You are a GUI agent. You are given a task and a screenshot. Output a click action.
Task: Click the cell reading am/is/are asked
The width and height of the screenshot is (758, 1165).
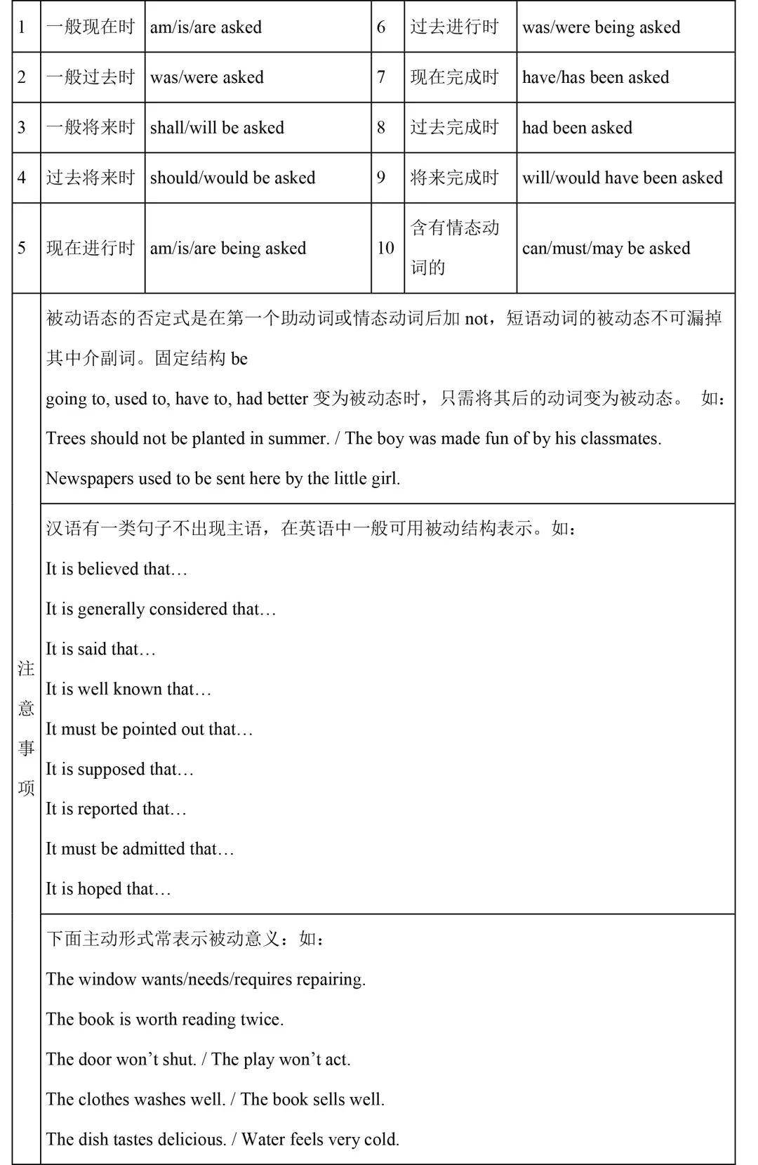pos(206,27)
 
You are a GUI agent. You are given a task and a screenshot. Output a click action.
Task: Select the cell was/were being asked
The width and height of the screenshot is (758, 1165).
pos(601,27)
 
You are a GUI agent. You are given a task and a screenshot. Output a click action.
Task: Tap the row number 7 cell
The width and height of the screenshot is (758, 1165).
pos(381,77)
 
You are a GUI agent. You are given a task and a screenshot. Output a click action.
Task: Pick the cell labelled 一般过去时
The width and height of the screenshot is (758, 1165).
pos(91,77)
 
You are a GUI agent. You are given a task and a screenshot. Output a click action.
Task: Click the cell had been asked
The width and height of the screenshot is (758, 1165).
pos(577,128)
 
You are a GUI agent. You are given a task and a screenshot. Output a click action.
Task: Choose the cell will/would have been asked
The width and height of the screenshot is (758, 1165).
pos(622,178)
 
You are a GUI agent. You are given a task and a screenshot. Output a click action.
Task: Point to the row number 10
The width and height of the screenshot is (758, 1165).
pos(385,248)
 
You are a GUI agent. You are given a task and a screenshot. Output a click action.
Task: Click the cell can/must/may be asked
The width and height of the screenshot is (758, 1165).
pos(606,248)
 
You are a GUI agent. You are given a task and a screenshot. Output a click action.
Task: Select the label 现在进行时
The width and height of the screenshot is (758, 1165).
pos(91,248)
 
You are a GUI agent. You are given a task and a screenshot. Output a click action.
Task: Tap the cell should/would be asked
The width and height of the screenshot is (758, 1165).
pos(232,178)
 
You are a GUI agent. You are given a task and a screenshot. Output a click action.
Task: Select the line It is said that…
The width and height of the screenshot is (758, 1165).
pos(100,649)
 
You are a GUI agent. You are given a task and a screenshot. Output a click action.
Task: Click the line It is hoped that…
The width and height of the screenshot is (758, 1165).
pos(108,889)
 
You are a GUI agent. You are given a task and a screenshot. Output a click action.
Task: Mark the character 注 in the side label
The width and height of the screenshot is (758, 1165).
pos(26,669)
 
